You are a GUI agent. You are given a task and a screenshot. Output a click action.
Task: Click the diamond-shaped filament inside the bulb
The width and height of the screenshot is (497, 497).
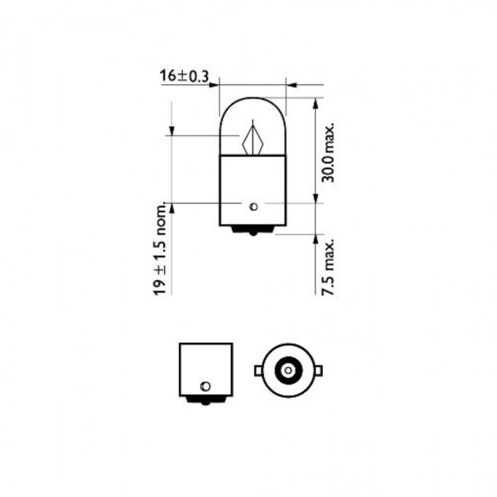coord(252,139)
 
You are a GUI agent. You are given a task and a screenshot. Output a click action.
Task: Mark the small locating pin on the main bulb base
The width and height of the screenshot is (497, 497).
coord(253,207)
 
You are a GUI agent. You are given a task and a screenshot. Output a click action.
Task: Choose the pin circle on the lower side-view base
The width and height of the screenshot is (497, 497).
coord(206,386)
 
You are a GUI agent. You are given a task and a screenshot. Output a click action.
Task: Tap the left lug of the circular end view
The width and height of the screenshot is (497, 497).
coord(258,371)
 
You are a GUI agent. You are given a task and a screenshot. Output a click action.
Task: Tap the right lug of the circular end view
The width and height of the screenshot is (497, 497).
coord(318,371)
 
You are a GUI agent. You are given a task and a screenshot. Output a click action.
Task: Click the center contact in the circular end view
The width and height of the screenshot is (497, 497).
coord(288,371)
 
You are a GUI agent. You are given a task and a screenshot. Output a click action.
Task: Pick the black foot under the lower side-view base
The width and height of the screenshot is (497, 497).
coord(206,401)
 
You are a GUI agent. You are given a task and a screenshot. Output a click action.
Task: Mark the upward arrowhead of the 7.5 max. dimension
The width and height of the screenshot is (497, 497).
coord(315,239)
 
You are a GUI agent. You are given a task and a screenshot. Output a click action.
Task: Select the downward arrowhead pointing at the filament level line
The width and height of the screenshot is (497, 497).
coord(171,131)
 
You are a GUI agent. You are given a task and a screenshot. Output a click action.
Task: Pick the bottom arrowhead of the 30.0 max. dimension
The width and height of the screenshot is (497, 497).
coord(315,200)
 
